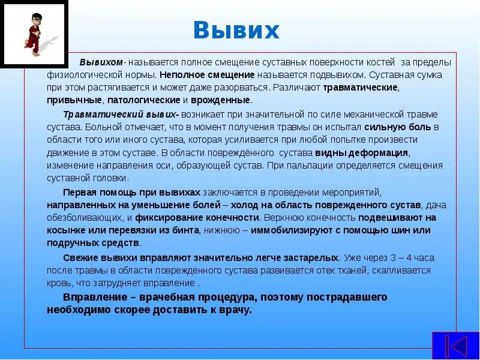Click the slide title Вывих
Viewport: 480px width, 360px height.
tap(236, 30)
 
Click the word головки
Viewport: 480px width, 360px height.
tap(111, 178)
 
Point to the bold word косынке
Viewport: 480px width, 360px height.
tap(67, 230)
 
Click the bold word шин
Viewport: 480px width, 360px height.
tap(386, 230)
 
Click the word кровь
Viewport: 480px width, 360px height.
tap(58, 283)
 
